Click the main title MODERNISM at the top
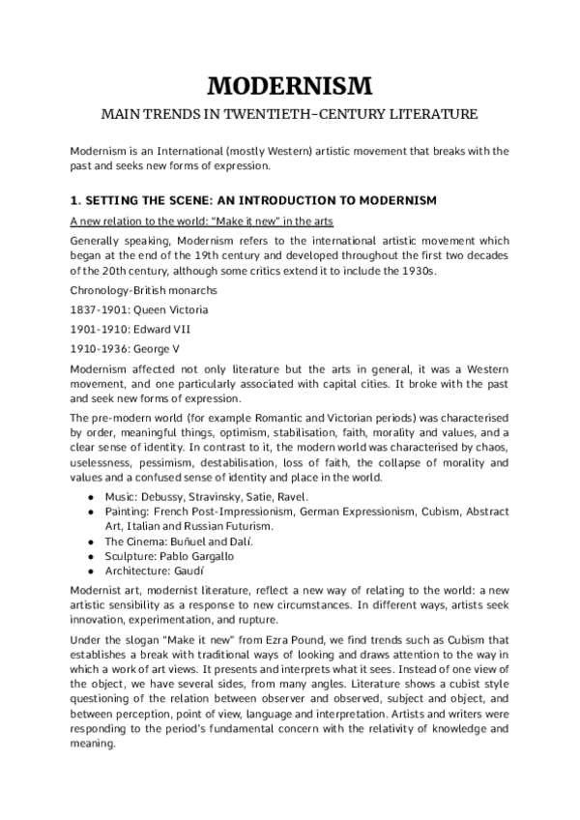point(290,86)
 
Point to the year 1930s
point(416,272)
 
